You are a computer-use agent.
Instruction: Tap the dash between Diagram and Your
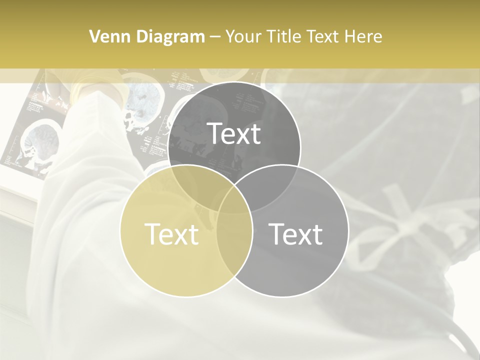pos(215,37)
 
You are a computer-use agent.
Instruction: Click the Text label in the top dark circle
pos(234,133)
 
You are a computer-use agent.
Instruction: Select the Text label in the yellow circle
pos(171,233)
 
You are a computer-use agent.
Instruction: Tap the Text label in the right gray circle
pos(296,233)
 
